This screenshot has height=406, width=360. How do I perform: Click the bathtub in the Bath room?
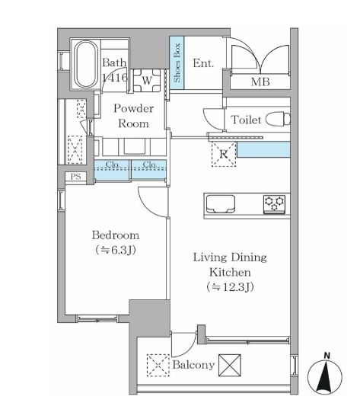tap(82, 66)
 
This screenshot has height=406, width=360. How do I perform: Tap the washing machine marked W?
tap(145, 78)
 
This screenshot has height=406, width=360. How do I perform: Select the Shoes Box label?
tap(177, 63)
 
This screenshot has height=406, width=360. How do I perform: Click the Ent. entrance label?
tap(202, 64)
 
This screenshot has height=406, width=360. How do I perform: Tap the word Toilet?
tap(245, 120)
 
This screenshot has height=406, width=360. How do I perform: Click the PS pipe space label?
tap(75, 177)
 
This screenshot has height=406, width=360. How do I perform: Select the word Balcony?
tap(194, 366)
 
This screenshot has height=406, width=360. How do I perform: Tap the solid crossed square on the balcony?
tap(230, 365)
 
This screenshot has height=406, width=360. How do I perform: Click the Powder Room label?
tap(133, 115)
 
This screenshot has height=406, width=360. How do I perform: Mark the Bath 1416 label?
tap(115, 70)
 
